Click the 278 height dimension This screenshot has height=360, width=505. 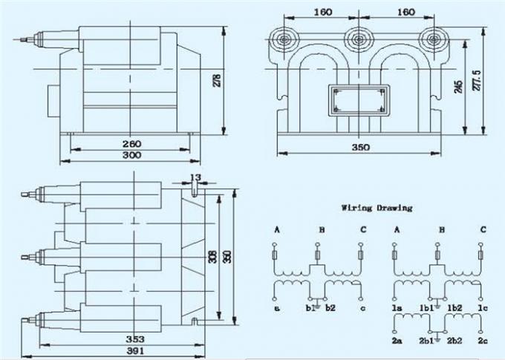(x=217, y=80)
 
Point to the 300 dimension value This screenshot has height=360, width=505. (x=131, y=156)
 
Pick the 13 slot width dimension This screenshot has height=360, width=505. (x=195, y=177)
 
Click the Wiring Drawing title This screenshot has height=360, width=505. (x=376, y=208)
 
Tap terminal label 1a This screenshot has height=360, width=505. (x=397, y=307)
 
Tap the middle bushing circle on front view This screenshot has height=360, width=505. (x=359, y=39)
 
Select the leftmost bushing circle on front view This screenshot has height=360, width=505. (x=284, y=39)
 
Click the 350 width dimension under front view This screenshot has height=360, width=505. (x=359, y=148)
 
